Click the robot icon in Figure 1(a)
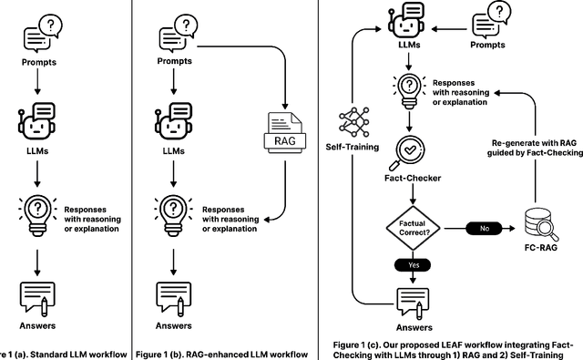38,123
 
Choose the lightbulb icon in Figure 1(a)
37,212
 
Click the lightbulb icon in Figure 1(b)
173,212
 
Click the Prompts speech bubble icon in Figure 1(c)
491,21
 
